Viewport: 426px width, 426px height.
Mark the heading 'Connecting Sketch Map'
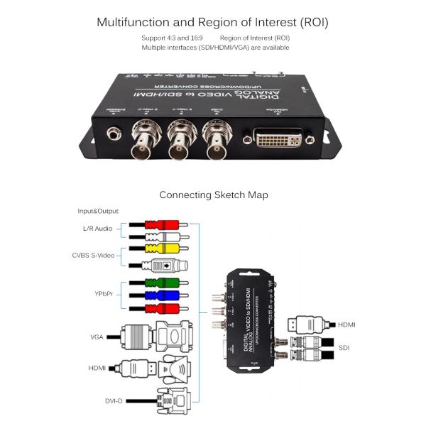coord(213,195)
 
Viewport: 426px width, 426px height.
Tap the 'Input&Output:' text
coord(99,212)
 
